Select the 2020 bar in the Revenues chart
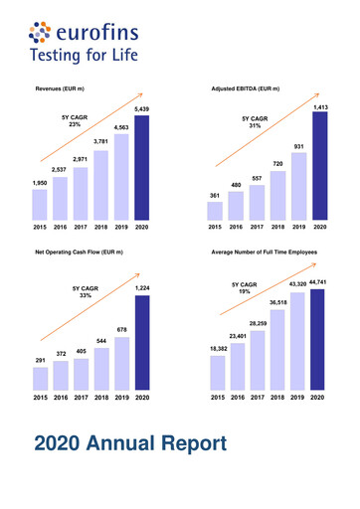142,166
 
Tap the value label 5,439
142,109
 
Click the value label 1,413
320,105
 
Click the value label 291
39,360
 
